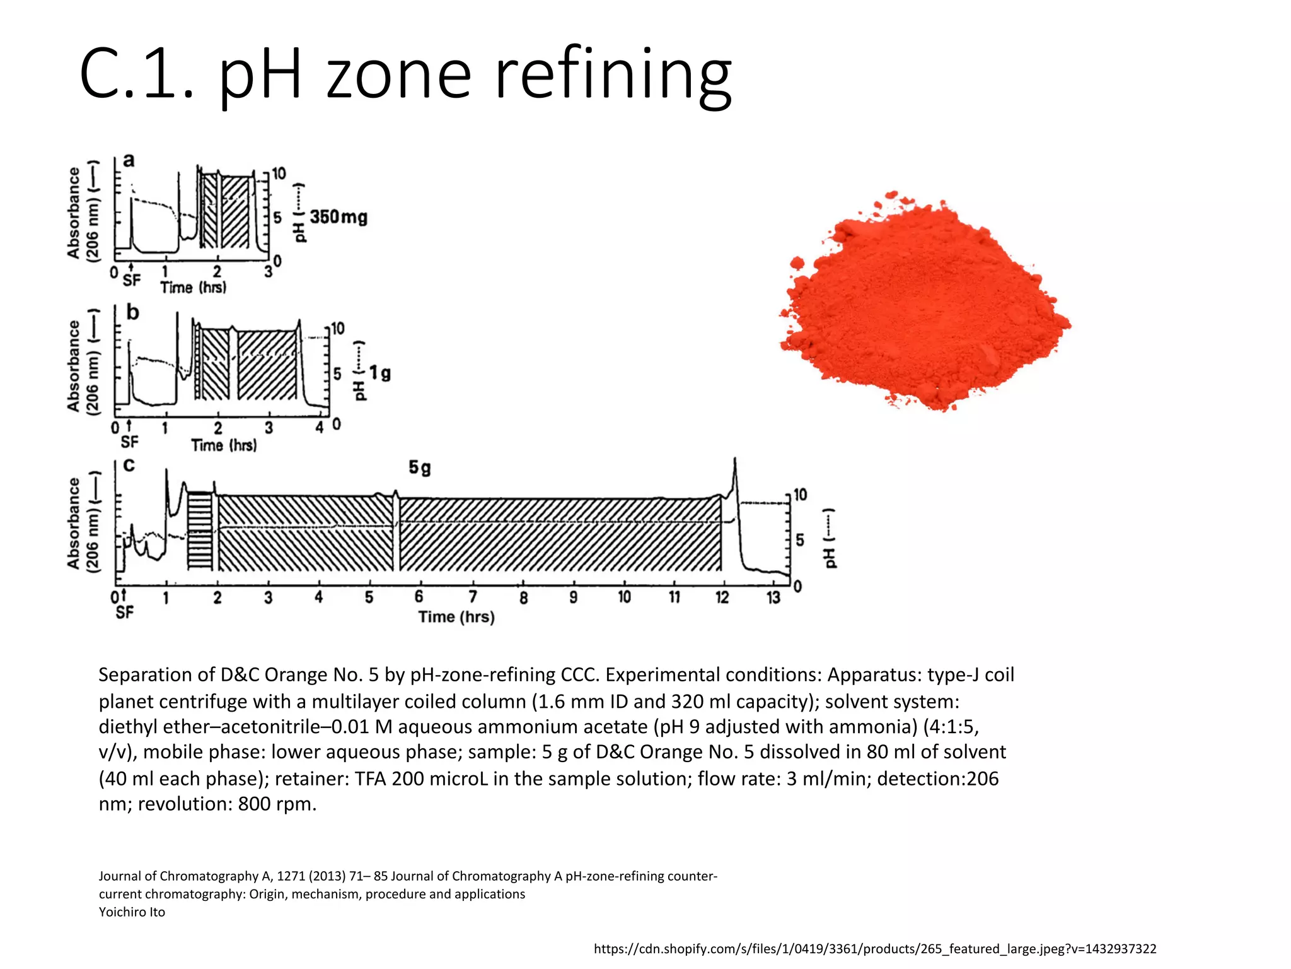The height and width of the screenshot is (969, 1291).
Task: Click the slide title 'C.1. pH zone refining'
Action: [x=405, y=74]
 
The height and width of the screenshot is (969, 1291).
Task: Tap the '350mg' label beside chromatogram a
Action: [x=339, y=217]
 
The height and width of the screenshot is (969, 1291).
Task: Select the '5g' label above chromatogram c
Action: [x=420, y=467]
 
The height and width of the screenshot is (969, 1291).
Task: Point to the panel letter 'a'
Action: [x=129, y=160]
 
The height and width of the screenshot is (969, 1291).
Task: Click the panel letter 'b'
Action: [x=132, y=312]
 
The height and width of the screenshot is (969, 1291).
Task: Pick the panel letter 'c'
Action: [x=129, y=466]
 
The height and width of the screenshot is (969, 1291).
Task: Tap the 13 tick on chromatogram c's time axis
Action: [x=773, y=597]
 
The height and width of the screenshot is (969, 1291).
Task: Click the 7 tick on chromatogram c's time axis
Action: [x=472, y=597]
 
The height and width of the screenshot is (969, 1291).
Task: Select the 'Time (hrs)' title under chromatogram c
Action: [x=456, y=616]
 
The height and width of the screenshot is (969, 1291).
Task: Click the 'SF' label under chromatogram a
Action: [x=132, y=281]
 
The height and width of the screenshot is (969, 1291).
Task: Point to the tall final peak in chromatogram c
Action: [x=735, y=473]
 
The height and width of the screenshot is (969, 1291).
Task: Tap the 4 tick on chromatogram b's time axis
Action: [x=320, y=428]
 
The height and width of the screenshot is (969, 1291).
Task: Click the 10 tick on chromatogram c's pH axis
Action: [x=799, y=495]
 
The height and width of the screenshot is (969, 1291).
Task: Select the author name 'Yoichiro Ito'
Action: [x=132, y=912]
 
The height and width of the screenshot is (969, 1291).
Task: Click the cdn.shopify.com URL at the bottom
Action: [x=875, y=949]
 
